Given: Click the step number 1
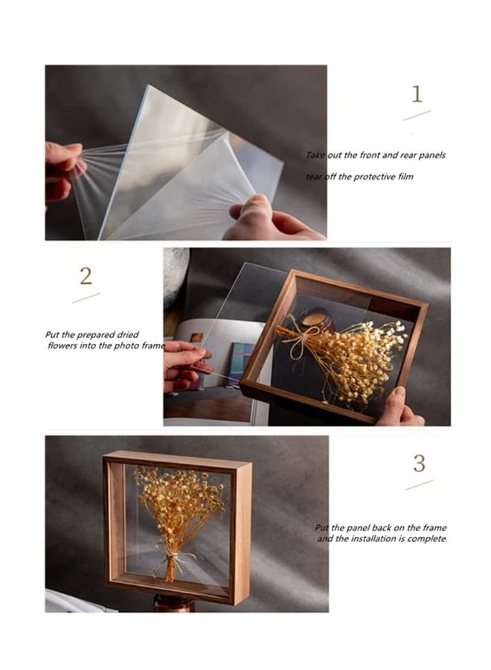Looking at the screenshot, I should tap(417, 95).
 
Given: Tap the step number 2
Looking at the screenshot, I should tap(86, 276).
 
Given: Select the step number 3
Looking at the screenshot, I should tap(419, 463).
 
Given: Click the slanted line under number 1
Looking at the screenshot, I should tap(417, 115).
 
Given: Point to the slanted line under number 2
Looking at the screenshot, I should tap(86, 297).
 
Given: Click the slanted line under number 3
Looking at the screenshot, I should tap(419, 485).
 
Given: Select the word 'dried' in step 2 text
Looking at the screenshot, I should tap(127, 335).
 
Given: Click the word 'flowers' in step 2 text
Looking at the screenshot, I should tap(63, 346).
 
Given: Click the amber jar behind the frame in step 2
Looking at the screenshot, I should tap(316, 321).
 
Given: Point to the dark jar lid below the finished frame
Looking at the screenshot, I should tap(175, 604).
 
